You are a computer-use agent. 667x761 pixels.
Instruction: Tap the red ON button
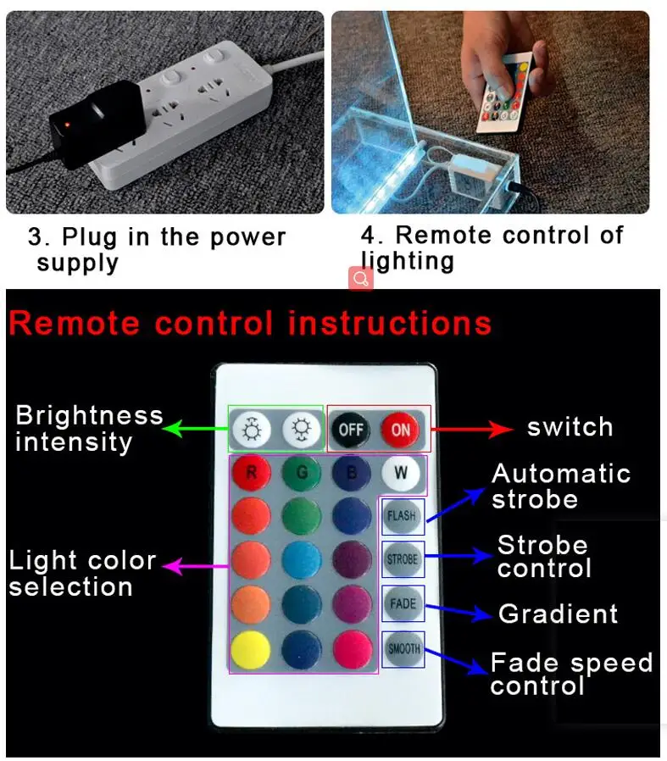click(400, 430)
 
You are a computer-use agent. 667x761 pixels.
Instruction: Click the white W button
click(401, 472)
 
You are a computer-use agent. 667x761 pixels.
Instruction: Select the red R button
click(252, 472)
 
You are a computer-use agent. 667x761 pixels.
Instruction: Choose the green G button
click(302, 472)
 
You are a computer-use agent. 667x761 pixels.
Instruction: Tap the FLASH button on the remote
click(402, 515)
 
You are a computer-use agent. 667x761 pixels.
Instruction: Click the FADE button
click(403, 603)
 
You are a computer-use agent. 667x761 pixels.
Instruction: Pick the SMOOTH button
click(403, 649)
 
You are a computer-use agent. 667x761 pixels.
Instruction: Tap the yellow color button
click(251, 649)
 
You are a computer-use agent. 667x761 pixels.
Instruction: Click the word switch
click(570, 427)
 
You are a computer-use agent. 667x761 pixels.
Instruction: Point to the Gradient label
click(559, 614)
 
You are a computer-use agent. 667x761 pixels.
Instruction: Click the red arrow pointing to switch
click(472, 429)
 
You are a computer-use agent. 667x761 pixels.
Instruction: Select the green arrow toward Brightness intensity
click(195, 429)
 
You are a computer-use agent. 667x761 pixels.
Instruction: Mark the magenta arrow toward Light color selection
click(196, 566)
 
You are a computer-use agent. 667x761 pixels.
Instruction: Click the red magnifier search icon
click(361, 279)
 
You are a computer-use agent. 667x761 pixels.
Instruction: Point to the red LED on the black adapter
click(67, 125)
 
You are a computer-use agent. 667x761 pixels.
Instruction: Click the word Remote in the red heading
click(75, 324)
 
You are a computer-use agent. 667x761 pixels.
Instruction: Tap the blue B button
click(352, 472)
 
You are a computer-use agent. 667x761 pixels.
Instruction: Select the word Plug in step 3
click(90, 238)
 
